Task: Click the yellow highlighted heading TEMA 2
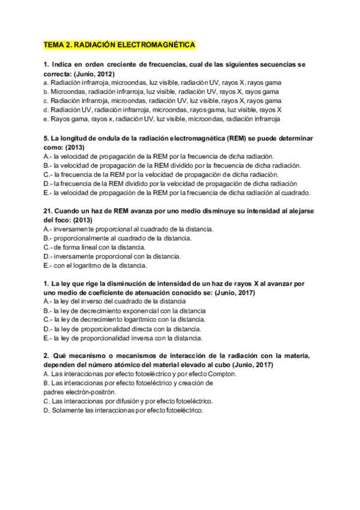tap(120, 45)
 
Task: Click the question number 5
tap(46, 138)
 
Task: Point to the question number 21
tap(49, 211)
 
